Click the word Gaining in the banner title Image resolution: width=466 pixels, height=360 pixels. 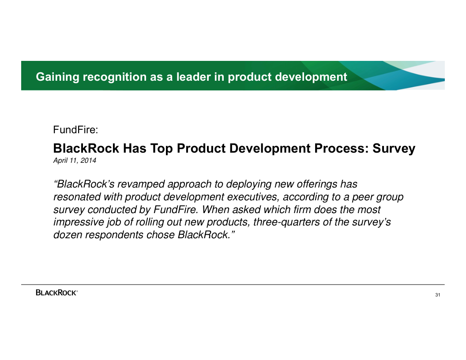[x=58, y=77]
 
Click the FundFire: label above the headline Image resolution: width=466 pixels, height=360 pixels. [x=75, y=130]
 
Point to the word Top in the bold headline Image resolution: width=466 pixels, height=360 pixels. [x=162, y=149]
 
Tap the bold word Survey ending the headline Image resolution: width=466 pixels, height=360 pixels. [x=394, y=149]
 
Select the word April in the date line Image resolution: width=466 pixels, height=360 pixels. [x=60, y=161]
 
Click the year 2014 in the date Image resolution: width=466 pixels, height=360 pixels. [x=88, y=161]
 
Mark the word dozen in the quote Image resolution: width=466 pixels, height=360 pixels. [x=68, y=235]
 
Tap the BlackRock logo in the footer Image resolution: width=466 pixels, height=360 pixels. [x=57, y=292]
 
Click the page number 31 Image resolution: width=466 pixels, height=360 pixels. [x=437, y=295]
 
